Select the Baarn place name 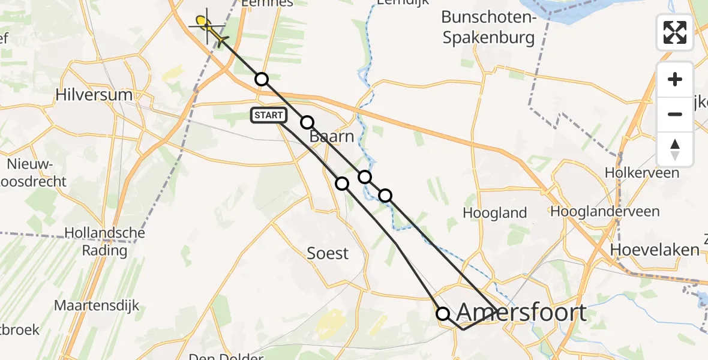click(332, 137)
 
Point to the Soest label click(328, 253)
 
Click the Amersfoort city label click(521, 313)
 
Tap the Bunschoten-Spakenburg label click(488, 28)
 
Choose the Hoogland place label click(495, 212)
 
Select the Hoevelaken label click(655, 250)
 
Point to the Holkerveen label click(642, 173)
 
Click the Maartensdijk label click(97, 305)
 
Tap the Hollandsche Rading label click(96, 241)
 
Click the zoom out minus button click(675, 114)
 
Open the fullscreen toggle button click(675, 32)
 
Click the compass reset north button click(675, 149)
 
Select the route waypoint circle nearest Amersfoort click(443, 313)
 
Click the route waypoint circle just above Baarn click(307, 122)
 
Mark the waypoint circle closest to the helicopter click(261, 79)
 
